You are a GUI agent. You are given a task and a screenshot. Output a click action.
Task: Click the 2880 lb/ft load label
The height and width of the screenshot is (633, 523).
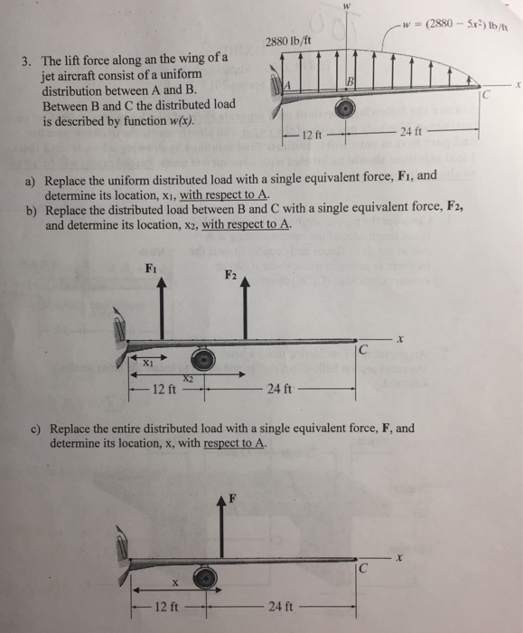coord(289,41)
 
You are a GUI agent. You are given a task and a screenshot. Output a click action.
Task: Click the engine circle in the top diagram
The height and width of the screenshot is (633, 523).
coord(344,110)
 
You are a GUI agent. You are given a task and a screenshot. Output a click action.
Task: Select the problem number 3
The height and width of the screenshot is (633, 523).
coord(28,63)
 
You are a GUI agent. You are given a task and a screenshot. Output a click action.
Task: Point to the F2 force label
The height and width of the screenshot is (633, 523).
coord(230,276)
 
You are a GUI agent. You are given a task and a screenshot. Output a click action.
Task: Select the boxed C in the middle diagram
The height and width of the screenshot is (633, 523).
coord(363,350)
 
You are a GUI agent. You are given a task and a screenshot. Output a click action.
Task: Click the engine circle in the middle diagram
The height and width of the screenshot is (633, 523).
coord(208,360)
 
